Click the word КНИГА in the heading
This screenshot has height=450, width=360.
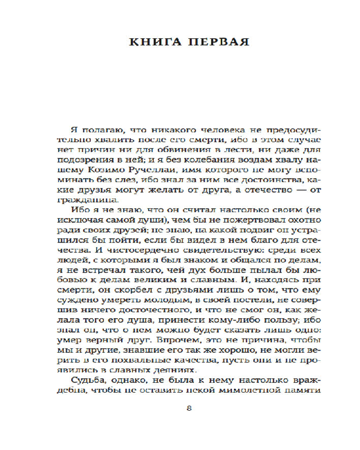tap(152, 42)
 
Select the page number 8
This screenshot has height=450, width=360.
tap(189, 408)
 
